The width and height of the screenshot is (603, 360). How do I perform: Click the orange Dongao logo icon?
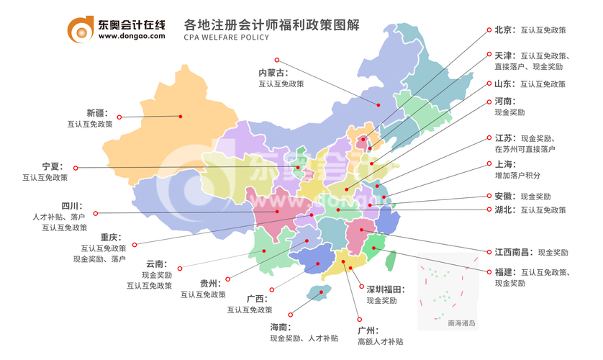pyautogui.click(x=80, y=27)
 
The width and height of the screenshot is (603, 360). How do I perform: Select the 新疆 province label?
pyautogui.click(x=96, y=113)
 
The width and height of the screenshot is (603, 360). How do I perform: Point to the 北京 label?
pyautogui.click(x=505, y=30)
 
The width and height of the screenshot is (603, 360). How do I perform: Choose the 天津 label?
pyautogui.click(x=505, y=55)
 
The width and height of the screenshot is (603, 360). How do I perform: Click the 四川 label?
pyautogui.click(x=72, y=206)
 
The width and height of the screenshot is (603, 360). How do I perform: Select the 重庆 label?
pyautogui.click(x=112, y=237)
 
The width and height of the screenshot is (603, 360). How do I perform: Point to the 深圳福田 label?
pyautogui.click(x=385, y=289)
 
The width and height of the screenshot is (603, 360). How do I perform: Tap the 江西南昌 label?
pyautogui.click(x=512, y=253)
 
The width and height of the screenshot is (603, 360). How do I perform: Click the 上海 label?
pyautogui.click(x=505, y=163)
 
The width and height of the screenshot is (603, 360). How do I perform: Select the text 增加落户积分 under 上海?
pyautogui.click(x=517, y=175)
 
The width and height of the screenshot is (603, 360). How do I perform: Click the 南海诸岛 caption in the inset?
pyautogui.click(x=461, y=323)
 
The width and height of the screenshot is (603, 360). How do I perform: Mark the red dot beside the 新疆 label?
pyautogui.click(x=120, y=117)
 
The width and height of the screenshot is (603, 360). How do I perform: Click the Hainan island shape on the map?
pyautogui.click(x=314, y=292)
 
